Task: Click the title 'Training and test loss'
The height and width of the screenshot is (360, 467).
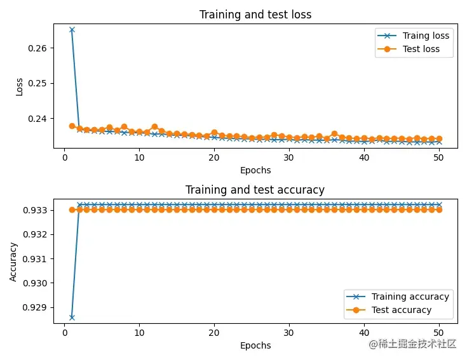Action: tap(255, 15)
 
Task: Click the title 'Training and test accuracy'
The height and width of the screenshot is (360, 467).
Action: tap(255, 190)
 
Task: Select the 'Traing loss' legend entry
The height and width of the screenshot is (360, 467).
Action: tap(426, 36)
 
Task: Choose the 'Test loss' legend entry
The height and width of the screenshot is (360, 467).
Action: tap(421, 49)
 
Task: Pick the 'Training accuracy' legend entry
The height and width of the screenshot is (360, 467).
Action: tap(410, 297)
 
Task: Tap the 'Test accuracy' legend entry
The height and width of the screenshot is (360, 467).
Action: tap(401, 310)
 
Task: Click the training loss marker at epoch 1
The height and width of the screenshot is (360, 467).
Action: tap(72, 30)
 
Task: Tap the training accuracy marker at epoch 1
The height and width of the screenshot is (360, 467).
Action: tap(72, 317)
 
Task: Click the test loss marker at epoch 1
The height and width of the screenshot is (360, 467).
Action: tap(72, 126)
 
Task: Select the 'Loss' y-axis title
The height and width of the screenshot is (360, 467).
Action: tap(19, 86)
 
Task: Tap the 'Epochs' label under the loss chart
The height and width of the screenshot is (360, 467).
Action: tap(255, 170)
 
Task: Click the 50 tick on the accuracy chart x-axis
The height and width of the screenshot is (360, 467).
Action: tap(438, 332)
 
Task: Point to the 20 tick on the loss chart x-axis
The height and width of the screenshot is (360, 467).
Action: tap(214, 157)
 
